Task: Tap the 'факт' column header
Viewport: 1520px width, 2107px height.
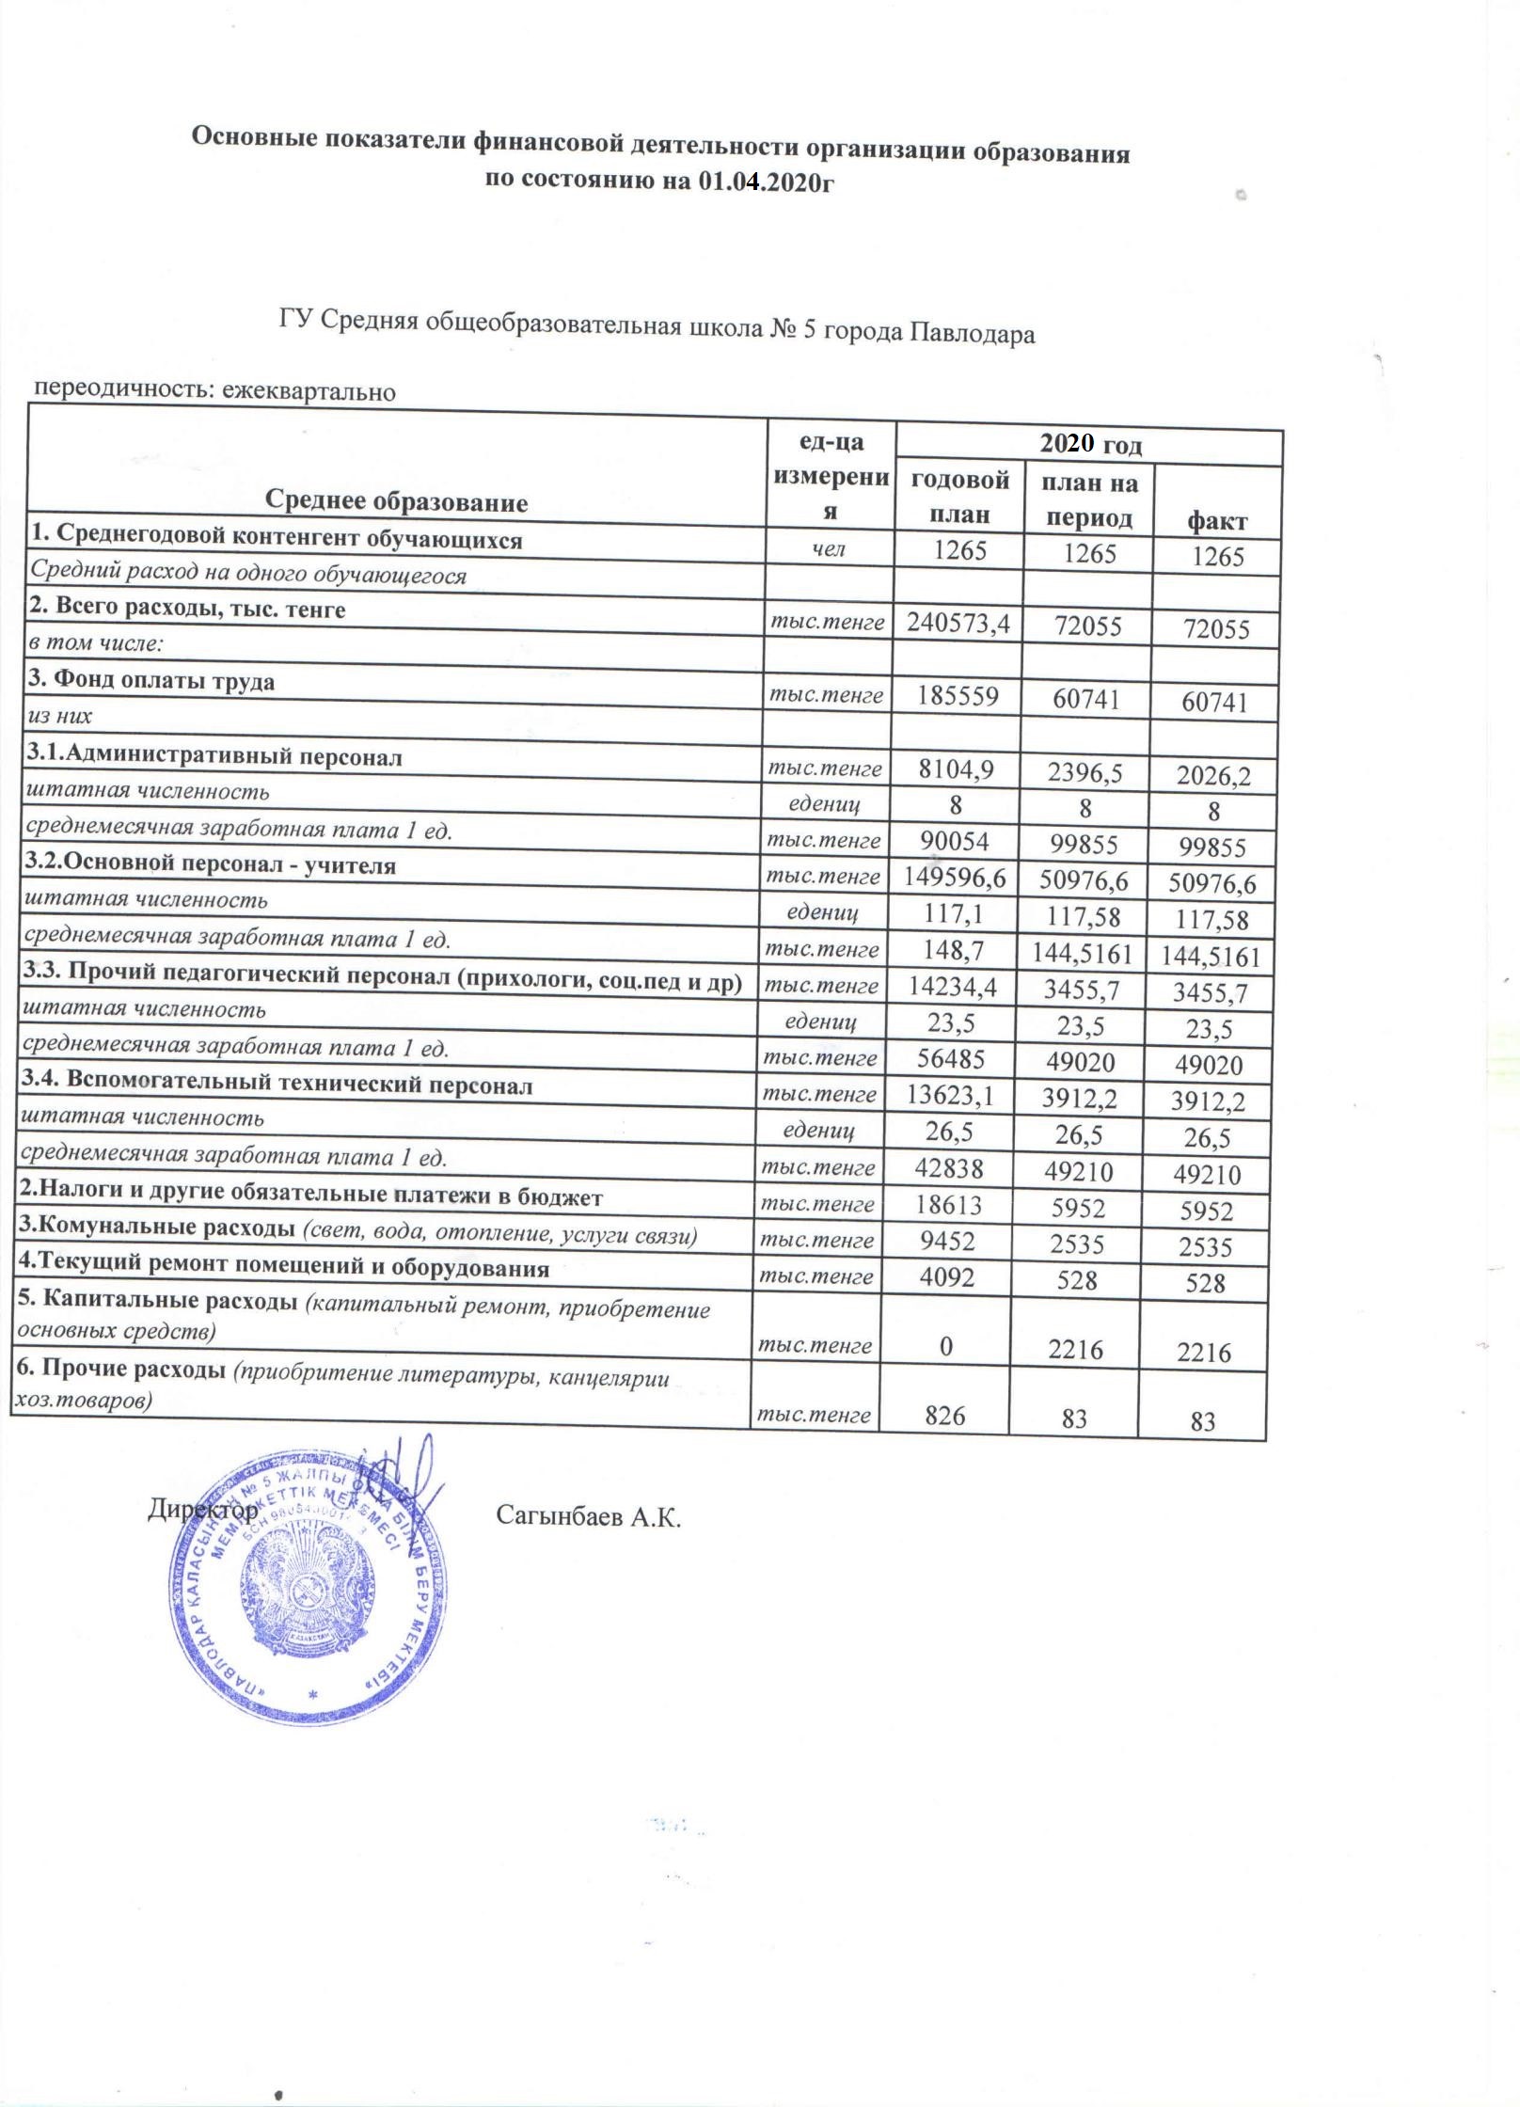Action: [1217, 520]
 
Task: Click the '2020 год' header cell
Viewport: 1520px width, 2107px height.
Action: [1090, 444]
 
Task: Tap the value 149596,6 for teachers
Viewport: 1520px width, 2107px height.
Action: [956, 879]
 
